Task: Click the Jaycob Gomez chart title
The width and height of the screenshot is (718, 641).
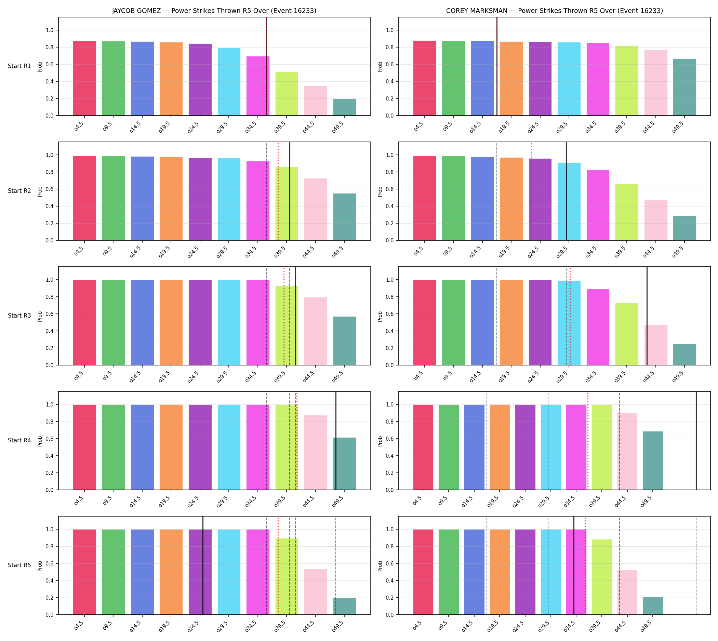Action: (214, 11)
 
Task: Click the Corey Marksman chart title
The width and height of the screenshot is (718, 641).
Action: (554, 11)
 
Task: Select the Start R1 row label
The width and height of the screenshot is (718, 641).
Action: (19, 66)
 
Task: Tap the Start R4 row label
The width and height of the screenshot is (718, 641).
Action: (19, 440)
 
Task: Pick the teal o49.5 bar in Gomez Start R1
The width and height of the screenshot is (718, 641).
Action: (344, 107)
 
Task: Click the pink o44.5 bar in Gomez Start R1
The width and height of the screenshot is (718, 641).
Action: (316, 101)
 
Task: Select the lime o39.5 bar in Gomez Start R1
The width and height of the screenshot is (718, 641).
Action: (287, 94)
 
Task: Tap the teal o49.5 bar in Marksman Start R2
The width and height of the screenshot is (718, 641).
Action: (684, 228)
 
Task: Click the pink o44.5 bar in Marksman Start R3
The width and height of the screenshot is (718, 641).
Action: (656, 345)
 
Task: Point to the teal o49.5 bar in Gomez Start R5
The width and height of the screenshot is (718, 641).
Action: (344, 606)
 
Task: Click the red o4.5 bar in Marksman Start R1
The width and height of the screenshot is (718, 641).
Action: (424, 78)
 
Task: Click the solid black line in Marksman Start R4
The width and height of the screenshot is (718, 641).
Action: (696, 441)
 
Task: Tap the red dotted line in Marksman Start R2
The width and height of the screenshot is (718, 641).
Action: (531, 191)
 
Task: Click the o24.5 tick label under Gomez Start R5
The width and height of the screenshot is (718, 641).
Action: (194, 625)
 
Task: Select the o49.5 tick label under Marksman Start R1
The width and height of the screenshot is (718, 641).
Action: (678, 126)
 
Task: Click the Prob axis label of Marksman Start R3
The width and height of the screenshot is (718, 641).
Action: (380, 316)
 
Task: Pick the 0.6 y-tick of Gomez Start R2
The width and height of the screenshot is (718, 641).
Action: (50, 189)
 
